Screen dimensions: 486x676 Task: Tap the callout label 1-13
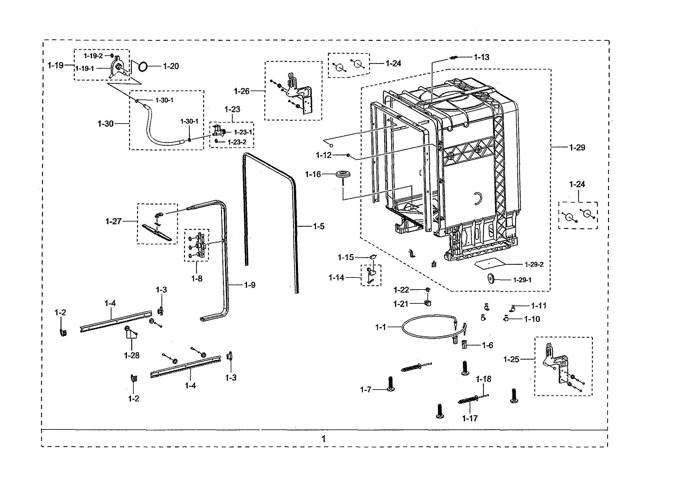pos(481,57)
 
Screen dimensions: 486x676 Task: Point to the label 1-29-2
pos(534,264)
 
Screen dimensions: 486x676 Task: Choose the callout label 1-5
pos(319,226)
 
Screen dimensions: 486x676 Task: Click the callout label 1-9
pos(250,285)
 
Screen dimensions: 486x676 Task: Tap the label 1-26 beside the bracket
pos(241,91)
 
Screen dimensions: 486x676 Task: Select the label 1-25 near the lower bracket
pos(511,359)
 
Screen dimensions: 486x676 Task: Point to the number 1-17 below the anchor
pos(470,418)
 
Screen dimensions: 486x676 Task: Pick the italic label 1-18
pos(483,379)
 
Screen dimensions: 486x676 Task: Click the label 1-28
pos(132,355)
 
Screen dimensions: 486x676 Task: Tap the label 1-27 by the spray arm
pos(113,221)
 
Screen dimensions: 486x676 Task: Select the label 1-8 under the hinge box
pos(197,279)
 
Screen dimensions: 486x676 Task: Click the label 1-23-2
pos(237,142)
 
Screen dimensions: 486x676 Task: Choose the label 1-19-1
pos(85,69)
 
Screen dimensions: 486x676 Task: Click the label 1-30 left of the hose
pos(106,124)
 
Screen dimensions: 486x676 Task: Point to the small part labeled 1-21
pos(428,303)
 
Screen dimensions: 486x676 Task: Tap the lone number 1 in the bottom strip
pos(323,439)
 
